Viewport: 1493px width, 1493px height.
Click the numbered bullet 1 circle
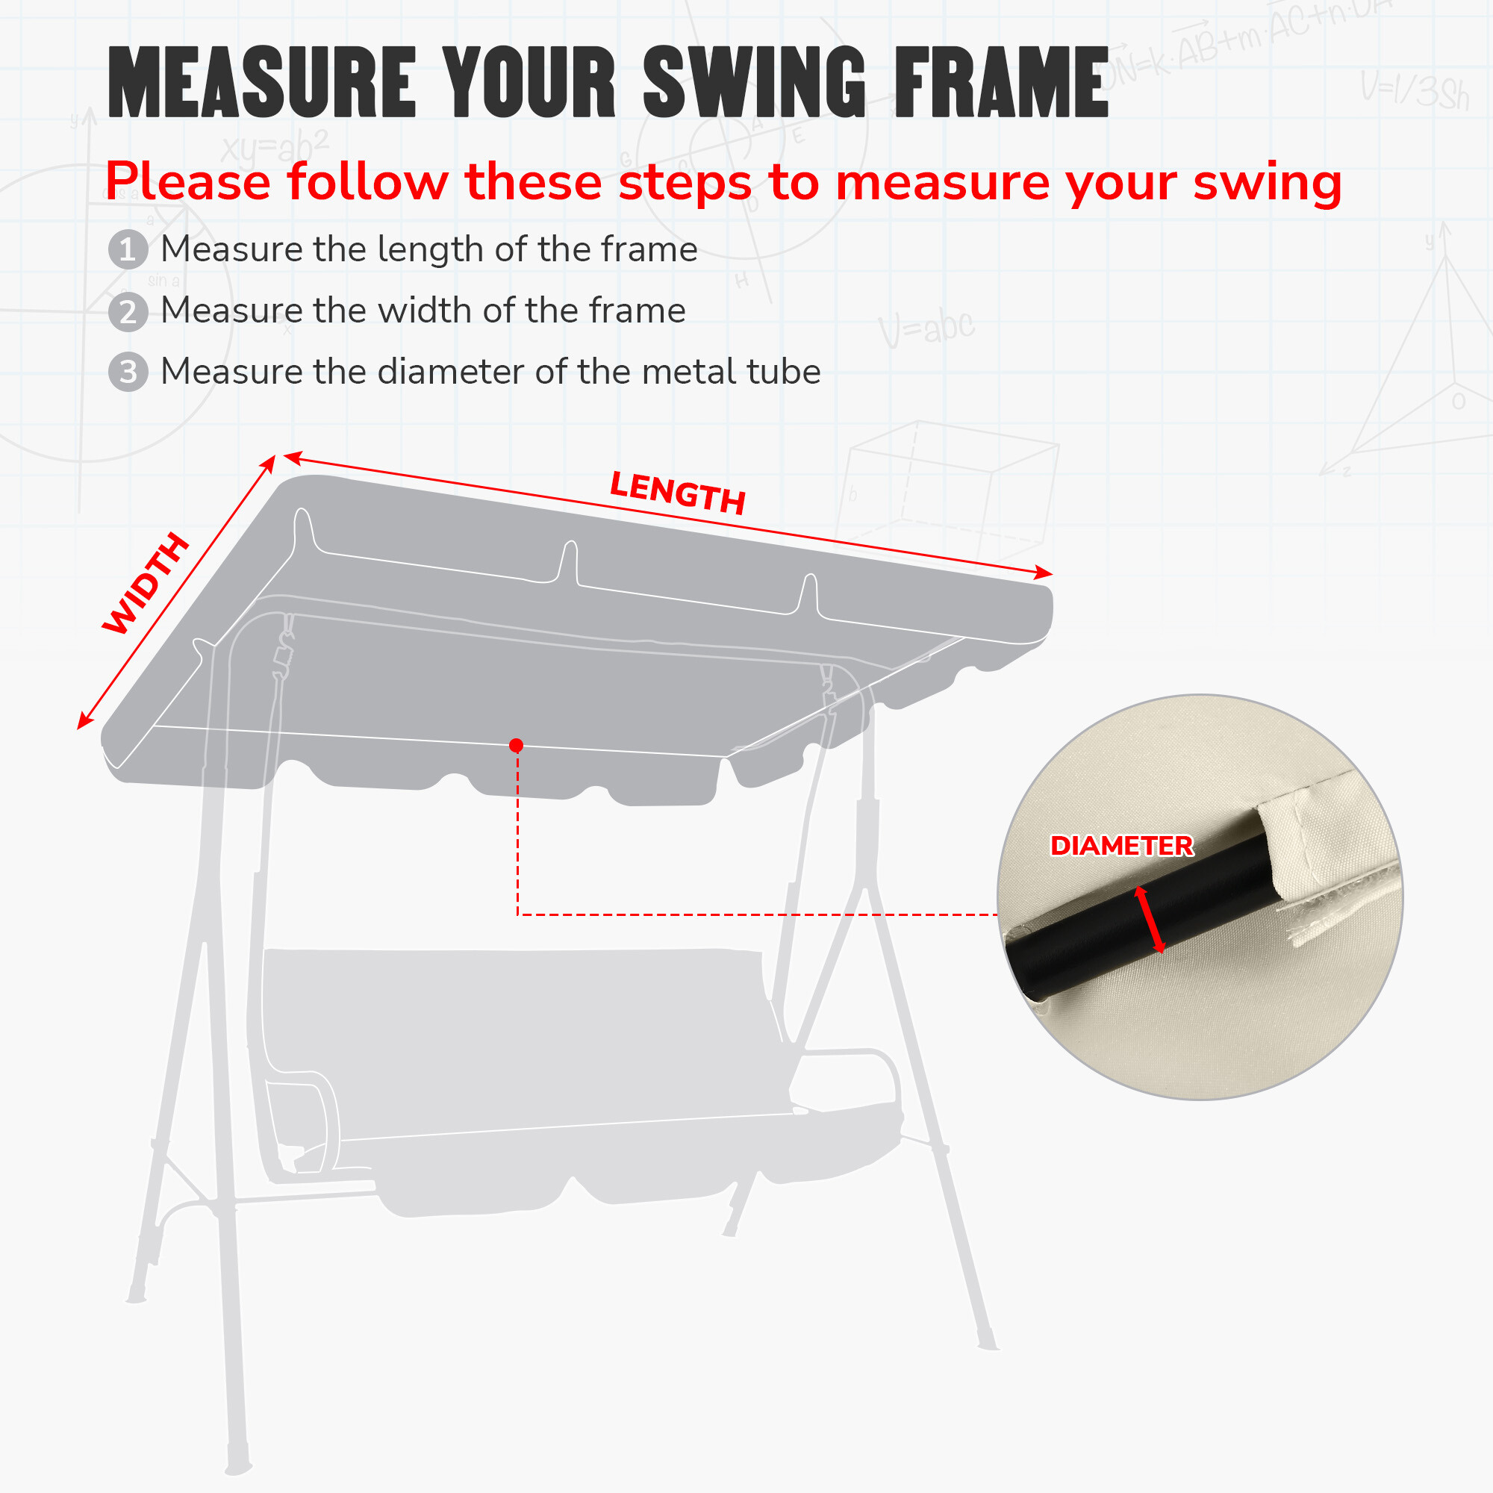(x=128, y=249)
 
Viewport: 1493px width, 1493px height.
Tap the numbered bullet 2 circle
(x=128, y=311)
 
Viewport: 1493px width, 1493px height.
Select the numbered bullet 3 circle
(x=128, y=372)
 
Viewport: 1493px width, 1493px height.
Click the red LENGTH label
(x=678, y=493)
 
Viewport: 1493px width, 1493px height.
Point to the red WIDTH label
(x=146, y=584)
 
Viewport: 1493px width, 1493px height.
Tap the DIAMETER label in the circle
(x=1121, y=846)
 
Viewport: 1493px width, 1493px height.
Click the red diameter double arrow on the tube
(x=1149, y=920)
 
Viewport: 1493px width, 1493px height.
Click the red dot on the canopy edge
(x=517, y=745)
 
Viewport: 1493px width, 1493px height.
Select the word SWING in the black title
(x=754, y=81)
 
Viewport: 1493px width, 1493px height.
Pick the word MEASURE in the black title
(x=262, y=81)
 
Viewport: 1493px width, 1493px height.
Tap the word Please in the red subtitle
(x=188, y=182)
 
